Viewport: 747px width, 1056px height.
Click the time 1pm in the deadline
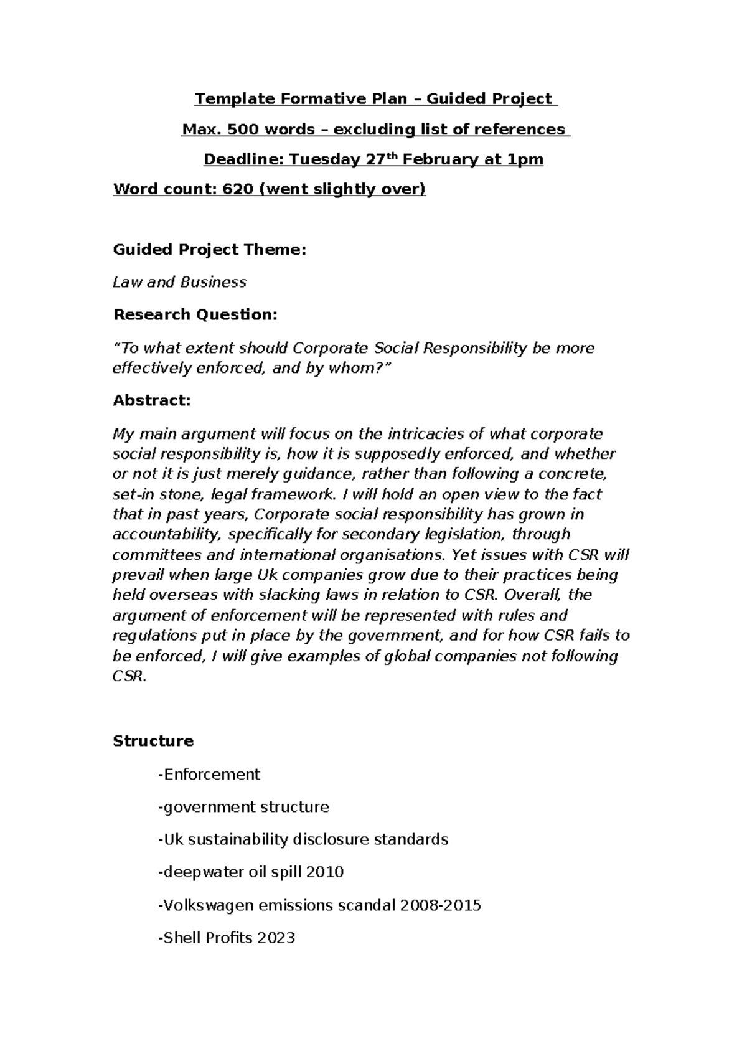pos(526,160)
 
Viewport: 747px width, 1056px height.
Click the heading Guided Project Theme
pos(209,250)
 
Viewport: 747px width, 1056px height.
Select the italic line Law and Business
pos(179,282)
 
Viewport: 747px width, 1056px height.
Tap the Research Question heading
pos(195,315)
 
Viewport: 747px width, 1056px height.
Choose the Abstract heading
pos(151,401)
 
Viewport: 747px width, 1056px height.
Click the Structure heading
pos(153,741)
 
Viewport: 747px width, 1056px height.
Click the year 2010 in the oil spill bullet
pos(325,872)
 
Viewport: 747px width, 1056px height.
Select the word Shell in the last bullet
pos(181,938)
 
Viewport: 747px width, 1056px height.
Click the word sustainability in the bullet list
pos(238,839)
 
